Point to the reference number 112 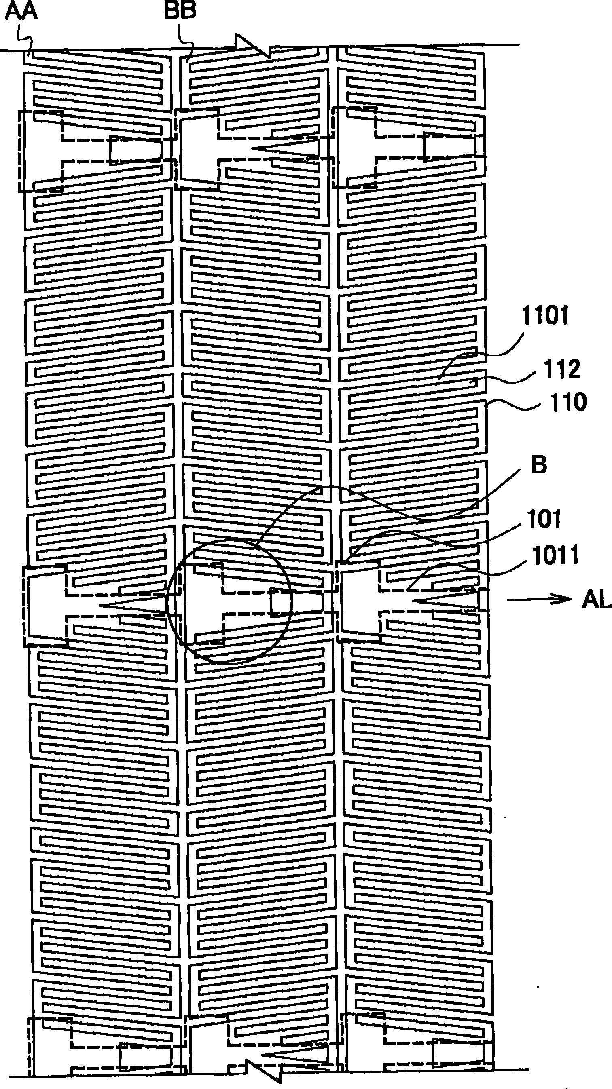tap(562, 369)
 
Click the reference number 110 tap(568, 402)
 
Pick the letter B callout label tap(538, 465)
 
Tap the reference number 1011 tap(555, 555)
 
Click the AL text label tap(596, 600)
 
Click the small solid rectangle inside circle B tap(297, 602)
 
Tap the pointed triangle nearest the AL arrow tap(444, 600)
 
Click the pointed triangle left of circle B tap(131, 606)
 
